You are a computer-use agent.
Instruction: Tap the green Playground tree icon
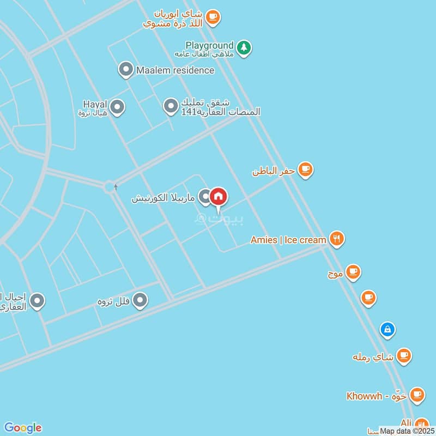coord(244,47)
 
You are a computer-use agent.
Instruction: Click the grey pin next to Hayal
coord(117,107)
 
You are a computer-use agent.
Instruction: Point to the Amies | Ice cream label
coord(288,240)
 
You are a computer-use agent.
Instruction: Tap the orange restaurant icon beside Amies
coord(337,239)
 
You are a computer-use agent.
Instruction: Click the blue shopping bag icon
coord(387,329)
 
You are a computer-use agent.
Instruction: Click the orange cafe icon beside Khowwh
coord(417,395)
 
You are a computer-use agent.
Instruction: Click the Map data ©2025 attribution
coord(407,431)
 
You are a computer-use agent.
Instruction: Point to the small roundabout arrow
coord(116,187)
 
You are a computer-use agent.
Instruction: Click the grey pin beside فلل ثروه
coord(141,300)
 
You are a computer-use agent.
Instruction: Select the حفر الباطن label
coord(273,171)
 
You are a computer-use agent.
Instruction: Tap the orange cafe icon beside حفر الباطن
coord(305,169)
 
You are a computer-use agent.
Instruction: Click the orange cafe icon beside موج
coord(353,271)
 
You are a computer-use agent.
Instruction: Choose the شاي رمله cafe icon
coord(403,356)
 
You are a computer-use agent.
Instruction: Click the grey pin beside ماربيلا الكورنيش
coord(204,197)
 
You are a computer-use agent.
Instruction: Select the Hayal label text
coord(95,104)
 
